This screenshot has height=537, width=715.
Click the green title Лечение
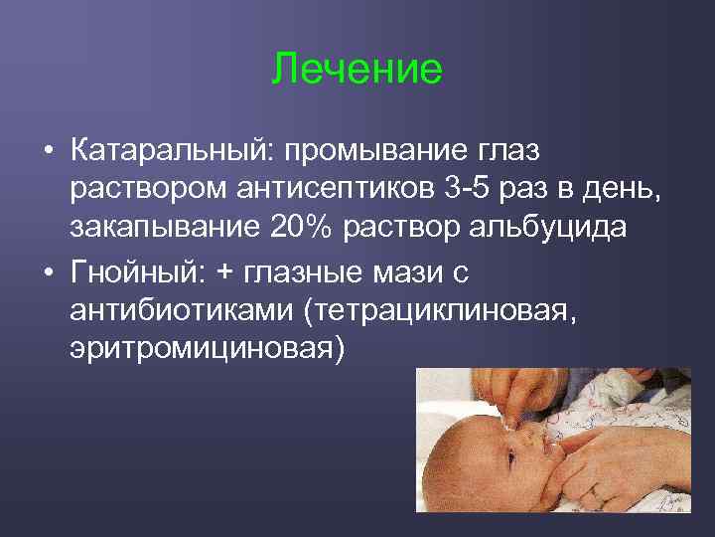(x=357, y=70)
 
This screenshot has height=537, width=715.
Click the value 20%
(x=304, y=227)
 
